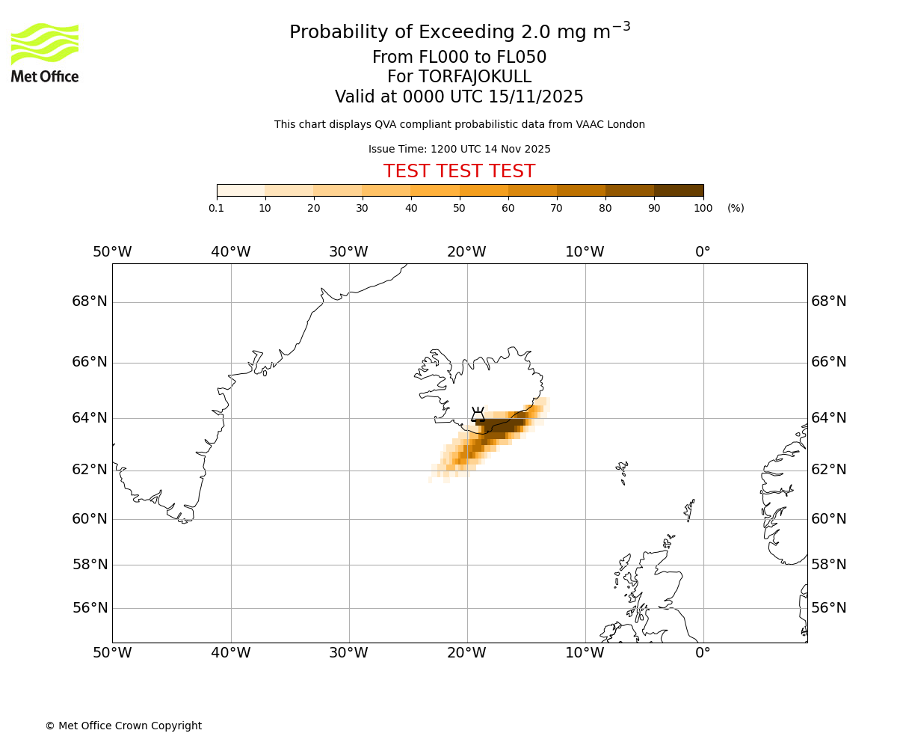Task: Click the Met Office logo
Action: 45,52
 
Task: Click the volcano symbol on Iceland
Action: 478,415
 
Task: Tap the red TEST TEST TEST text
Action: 459,171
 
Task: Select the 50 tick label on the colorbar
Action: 460,208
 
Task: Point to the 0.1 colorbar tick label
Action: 217,208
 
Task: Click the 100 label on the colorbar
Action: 703,208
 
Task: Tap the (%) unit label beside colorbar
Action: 736,208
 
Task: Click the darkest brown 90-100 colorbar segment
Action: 679,190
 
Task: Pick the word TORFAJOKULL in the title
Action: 475,77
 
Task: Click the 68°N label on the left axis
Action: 90,301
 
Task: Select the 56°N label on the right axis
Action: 829,608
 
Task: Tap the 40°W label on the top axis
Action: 230,252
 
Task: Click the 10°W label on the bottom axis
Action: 585,653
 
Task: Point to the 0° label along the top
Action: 703,252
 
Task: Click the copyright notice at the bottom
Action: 123,726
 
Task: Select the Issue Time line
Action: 459,149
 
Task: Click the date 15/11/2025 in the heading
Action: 536,97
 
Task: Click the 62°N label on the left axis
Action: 90,470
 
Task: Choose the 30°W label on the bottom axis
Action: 348,653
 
